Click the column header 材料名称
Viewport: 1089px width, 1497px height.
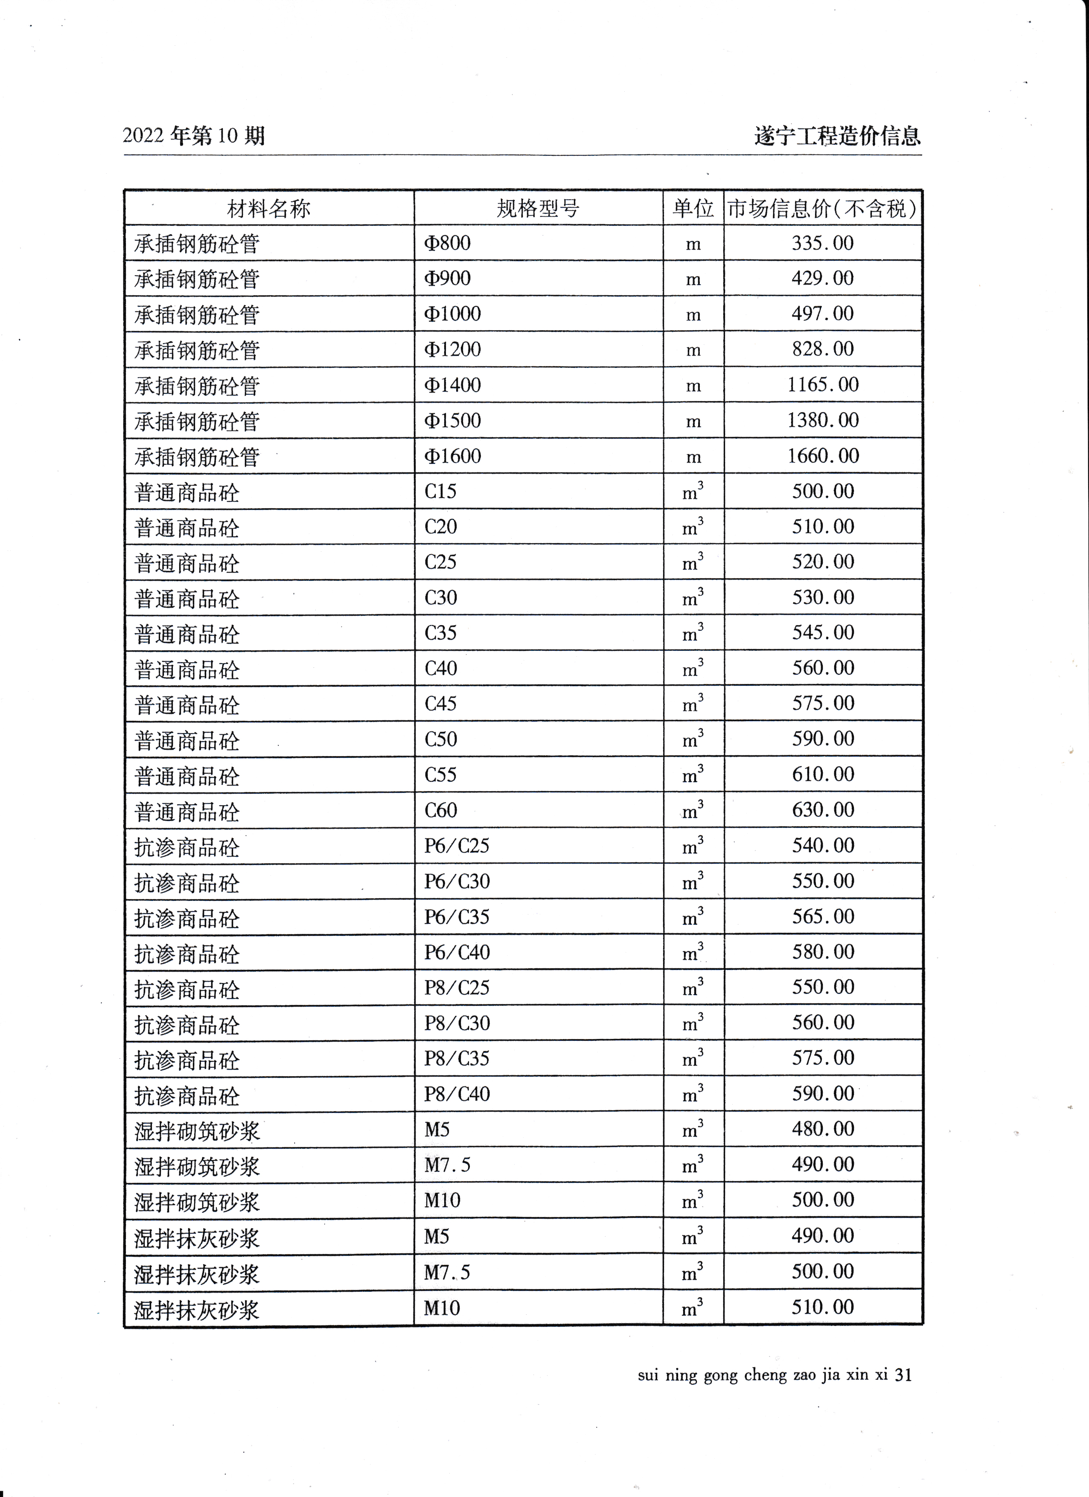click(268, 209)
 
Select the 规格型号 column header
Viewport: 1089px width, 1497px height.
click(538, 209)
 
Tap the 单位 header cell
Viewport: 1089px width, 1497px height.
click(693, 209)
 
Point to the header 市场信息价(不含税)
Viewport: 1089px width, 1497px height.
click(822, 209)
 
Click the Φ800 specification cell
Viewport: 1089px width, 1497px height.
click(448, 243)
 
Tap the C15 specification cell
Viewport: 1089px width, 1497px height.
click(440, 492)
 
